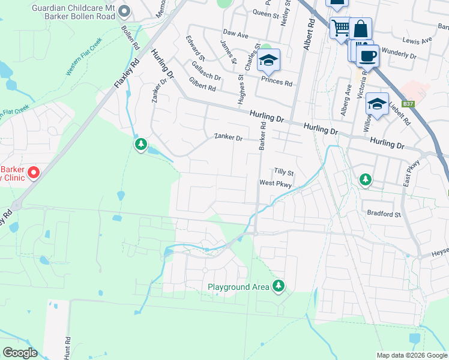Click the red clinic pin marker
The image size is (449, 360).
pos(34,173)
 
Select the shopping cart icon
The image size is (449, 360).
pos(340,27)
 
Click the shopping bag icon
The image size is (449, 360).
pos(360,29)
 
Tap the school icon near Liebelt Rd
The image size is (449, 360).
pos(377,103)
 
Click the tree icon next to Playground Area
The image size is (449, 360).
pos(278,286)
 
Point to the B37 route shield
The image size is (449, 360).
pos(409,104)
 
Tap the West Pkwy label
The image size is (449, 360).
pos(276,184)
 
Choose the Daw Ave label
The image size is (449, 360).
pos(235,35)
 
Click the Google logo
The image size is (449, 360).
pos(20,352)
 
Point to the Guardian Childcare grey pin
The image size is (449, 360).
pos(124,11)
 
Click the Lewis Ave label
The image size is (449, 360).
pos(418,41)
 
